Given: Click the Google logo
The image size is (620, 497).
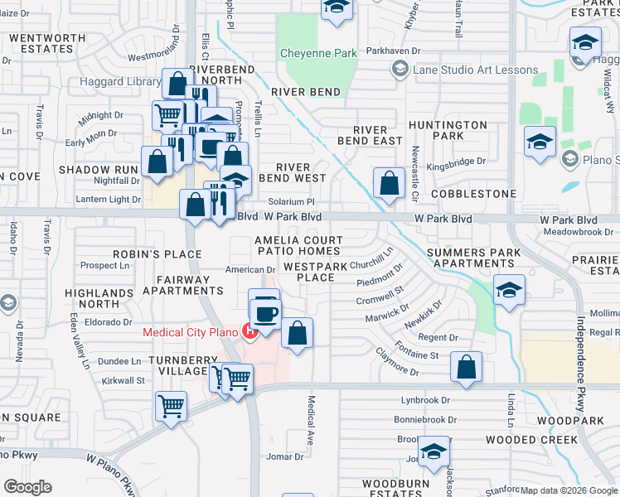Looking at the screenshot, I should [x=27, y=487].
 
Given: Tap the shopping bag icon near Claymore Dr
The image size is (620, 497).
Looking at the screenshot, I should [x=467, y=366].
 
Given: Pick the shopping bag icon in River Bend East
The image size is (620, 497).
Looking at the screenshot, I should [x=389, y=182].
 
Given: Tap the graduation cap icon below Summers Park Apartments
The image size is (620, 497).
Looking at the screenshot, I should [x=509, y=290].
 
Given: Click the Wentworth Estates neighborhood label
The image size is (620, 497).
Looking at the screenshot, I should [x=47, y=43].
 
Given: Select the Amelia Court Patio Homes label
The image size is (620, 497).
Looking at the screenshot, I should [x=298, y=244].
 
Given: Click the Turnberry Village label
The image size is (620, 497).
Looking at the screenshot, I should [x=177, y=365].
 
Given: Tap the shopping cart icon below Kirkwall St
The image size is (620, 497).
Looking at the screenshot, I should [x=171, y=407].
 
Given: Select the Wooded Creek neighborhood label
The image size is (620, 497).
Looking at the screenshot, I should [x=531, y=439].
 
